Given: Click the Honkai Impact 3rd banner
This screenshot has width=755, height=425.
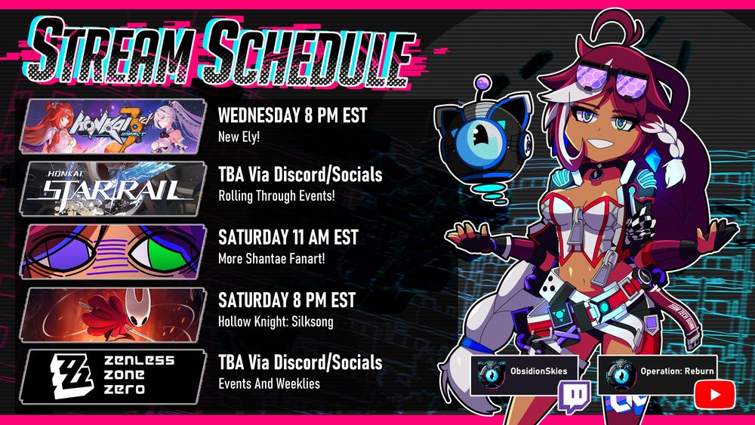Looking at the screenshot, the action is point(113,127).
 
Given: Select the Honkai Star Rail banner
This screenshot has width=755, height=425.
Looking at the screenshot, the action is point(113,189).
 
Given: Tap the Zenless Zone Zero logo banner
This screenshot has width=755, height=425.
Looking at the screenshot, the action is point(113,377).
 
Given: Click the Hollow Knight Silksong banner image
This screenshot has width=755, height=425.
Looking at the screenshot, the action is point(113,315).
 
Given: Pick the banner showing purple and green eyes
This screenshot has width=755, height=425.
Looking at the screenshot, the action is point(113,251).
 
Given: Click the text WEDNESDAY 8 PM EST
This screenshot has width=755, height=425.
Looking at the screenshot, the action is point(293,115).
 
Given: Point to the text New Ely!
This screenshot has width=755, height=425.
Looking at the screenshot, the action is point(239,137).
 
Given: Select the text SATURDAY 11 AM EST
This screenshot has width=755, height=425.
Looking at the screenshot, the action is point(288,237).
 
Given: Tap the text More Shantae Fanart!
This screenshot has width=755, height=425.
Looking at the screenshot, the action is point(272,258).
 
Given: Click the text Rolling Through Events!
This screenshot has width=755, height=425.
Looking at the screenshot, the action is point(276,196).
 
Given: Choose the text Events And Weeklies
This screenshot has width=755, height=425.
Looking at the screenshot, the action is point(270,383).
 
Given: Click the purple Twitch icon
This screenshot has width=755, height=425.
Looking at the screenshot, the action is point(575,397).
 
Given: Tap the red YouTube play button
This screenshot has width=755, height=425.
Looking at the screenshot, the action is point(715,395).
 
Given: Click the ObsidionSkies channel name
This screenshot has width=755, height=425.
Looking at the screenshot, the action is point(539,371).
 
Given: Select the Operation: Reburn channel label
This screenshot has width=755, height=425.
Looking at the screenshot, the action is point(677,371).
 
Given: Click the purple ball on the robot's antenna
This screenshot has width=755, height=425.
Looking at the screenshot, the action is point(482,83).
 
